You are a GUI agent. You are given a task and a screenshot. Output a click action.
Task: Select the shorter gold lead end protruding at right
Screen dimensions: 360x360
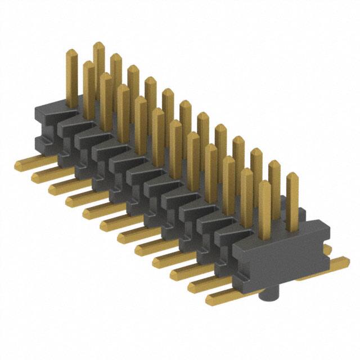click(x=326, y=248)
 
